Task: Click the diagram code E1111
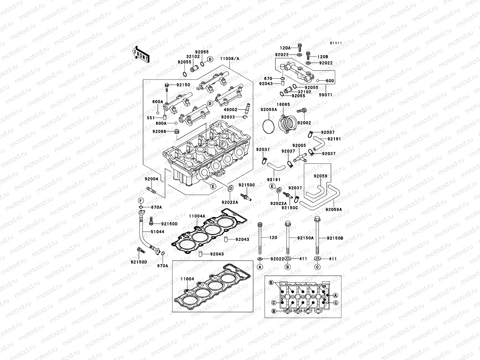[x=336, y=43]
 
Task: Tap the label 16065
[x=283, y=104]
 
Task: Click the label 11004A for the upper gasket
[x=197, y=216]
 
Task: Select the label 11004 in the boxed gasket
[x=187, y=279]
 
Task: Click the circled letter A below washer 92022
[x=260, y=267]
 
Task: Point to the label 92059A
[x=334, y=210]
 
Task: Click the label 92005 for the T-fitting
[x=299, y=145]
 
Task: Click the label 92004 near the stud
[x=151, y=179]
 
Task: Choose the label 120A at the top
[x=286, y=48]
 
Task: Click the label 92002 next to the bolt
[x=304, y=123]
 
